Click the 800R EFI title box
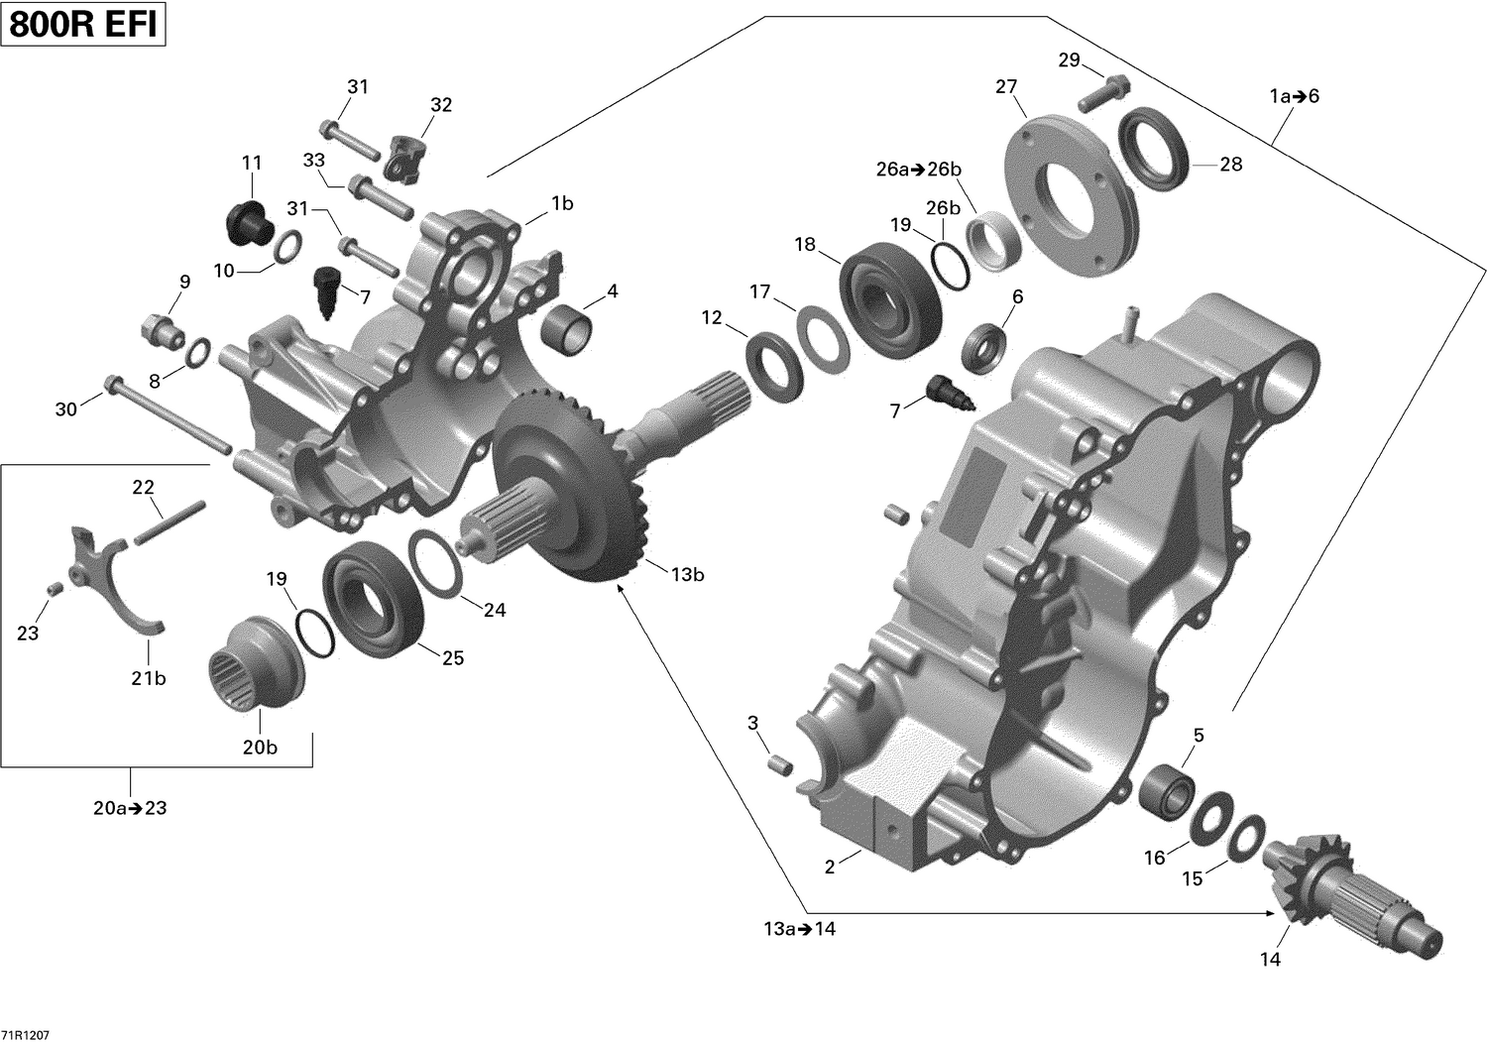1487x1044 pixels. coord(83,25)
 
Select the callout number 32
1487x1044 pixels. coord(441,105)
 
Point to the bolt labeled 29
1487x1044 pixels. coord(1100,91)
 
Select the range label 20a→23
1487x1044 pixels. coord(130,808)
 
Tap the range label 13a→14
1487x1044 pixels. coord(799,929)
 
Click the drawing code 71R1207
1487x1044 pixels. coord(26,1035)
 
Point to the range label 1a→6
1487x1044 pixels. coord(1295,96)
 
